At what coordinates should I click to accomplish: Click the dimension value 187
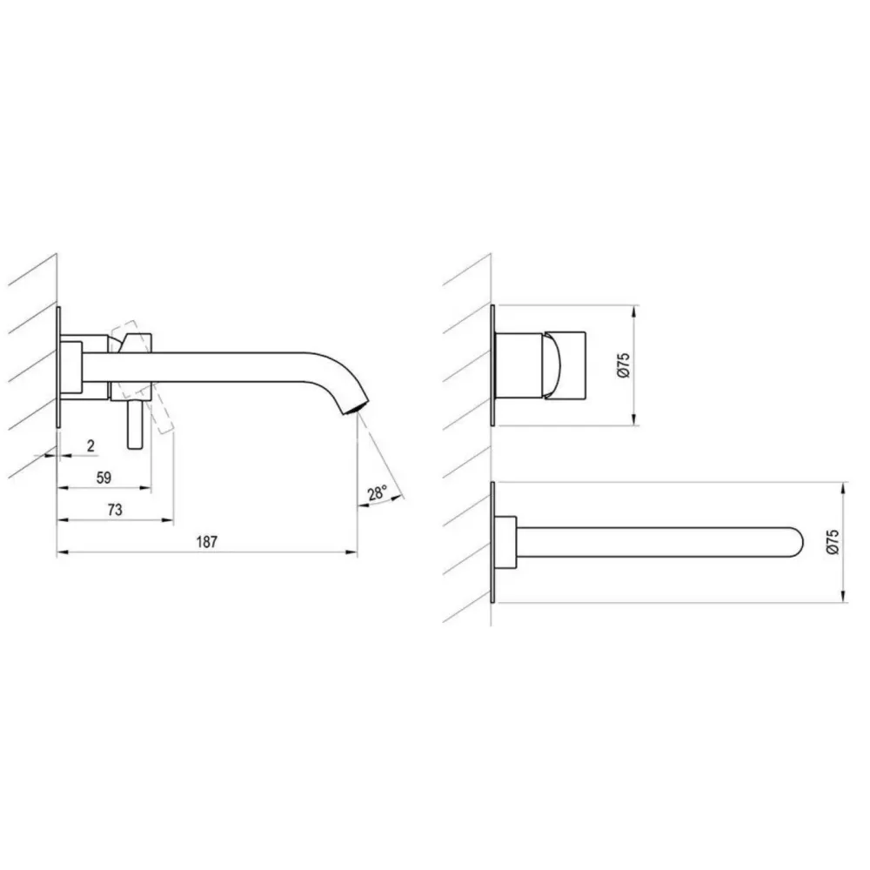(206, 541)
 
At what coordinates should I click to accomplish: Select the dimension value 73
(114, 509)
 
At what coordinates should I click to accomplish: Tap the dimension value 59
(104, 477)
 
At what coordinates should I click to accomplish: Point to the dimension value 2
(90, 445)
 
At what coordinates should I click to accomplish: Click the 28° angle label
(377, 492)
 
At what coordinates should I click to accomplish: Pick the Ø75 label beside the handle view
(624, 365)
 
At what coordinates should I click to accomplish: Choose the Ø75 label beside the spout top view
(833, 541)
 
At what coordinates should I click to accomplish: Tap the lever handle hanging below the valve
(135, 425)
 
